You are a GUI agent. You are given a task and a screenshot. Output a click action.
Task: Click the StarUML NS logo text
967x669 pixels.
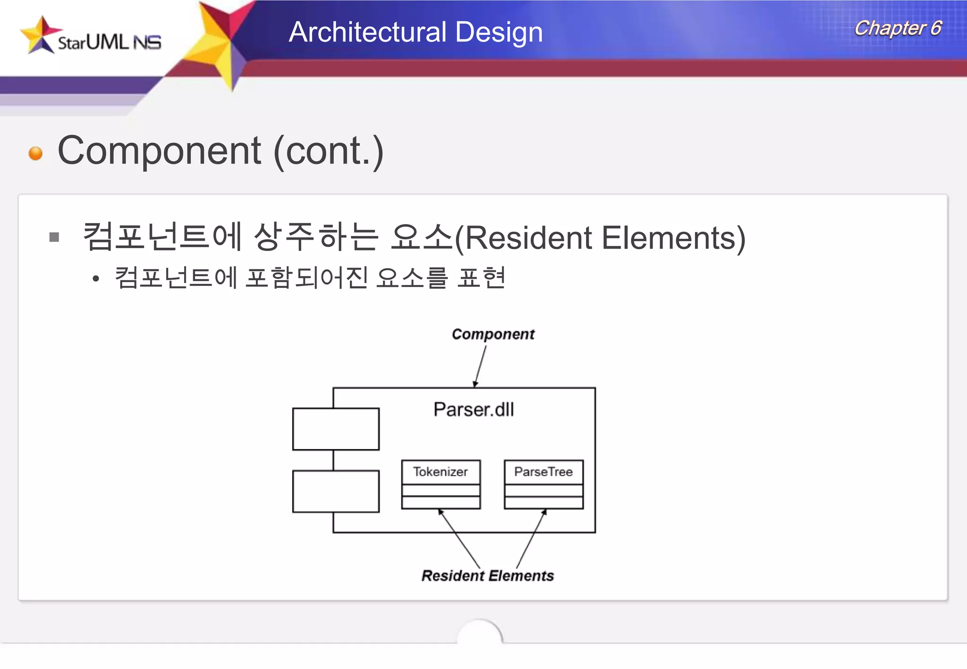[x=109, y=42]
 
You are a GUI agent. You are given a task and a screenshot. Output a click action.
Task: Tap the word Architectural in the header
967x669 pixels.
[x=366, y=32]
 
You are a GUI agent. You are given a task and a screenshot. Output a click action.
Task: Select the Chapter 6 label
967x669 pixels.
[x=898, y=28]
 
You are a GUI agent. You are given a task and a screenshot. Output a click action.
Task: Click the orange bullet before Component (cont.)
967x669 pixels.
[x=35, y=153]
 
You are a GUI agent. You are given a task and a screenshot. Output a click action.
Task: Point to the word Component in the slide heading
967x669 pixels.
[x=159, y=151]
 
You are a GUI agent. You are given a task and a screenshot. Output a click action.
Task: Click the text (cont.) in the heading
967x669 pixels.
[x=328, y=151]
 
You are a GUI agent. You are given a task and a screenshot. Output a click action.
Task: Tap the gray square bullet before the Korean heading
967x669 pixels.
[x=54, y=237]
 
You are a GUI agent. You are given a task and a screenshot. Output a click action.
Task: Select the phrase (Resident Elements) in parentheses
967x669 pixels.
[x=600, y=238]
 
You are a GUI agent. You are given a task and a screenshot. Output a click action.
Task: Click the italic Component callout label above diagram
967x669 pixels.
[x=493, y=334]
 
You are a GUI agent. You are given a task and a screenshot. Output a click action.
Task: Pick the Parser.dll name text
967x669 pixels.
[x=474, y=410]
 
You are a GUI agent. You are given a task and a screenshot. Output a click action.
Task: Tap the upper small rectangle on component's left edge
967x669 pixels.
[x=336, y=429]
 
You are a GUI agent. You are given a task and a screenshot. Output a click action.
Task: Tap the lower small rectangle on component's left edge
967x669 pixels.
[x=336, y=491]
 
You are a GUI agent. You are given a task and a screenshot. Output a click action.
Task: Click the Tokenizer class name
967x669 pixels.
[x=441, y=472]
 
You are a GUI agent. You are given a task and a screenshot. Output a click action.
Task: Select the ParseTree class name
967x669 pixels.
[x=543, y=472]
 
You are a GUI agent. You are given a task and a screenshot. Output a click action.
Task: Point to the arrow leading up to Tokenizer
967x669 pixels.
[x=459, y=538]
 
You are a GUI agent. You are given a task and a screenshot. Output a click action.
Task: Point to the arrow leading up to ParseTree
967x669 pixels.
[x=531, y=538]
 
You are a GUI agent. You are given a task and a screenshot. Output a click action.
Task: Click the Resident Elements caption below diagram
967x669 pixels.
[x=487, y=576]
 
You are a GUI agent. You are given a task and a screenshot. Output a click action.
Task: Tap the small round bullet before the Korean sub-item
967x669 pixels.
[x=96, y=279]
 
